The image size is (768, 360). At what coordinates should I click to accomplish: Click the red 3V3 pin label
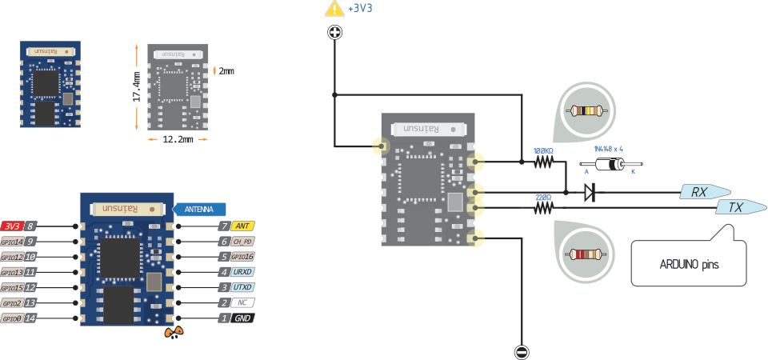(12, 226)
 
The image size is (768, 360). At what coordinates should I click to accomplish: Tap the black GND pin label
(242, 318)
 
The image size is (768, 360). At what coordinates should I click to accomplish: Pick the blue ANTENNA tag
(198, 209)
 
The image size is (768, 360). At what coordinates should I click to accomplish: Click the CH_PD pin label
(242, 242)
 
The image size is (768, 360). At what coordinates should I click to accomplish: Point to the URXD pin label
(242, 272)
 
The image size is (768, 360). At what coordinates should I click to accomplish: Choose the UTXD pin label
(242, 287)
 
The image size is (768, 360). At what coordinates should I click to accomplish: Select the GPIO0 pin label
(11, 318)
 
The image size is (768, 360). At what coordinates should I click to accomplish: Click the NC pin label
(242, 303)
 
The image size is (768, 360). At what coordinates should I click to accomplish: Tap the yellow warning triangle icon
(334, 10)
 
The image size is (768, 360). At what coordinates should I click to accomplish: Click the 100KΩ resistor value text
(544, 150)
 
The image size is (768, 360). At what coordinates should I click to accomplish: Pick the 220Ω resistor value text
(544, 197)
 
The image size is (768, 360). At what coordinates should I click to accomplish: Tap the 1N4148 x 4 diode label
(608, 149)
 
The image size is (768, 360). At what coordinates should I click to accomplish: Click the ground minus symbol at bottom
(521, 351)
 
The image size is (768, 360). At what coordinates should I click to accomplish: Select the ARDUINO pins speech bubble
(688, 262)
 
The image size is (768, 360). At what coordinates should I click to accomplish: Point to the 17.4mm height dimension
(137, 86)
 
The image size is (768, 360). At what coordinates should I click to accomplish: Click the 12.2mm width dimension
(178, 139)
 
